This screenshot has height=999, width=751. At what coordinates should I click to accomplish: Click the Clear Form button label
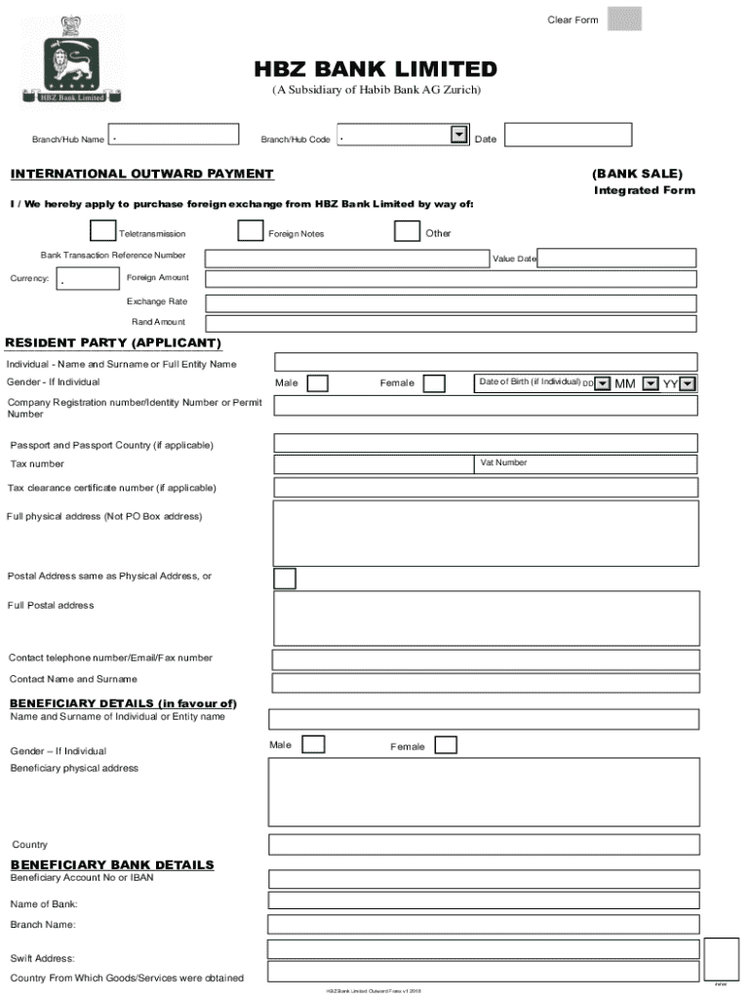tap(573, 20)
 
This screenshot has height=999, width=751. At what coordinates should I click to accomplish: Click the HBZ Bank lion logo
tap(64, 58)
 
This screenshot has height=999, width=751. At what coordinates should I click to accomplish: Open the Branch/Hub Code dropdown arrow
tap(458, 136)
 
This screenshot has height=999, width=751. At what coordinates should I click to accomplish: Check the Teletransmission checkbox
tap(100, 231)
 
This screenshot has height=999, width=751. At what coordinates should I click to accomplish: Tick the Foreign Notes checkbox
tap(250, 231)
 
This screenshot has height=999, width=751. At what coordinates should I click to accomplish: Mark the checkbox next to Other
tap(407, 231)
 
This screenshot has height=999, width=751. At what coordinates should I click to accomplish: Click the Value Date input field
tap(616, 258)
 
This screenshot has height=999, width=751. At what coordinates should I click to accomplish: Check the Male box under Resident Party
tap(317, 383)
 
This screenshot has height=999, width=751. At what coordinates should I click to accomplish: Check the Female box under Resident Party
tap(434, 383)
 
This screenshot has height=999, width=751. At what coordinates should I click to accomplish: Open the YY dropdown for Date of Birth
tap(689, 383)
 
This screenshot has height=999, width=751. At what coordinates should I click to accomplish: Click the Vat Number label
tap(503, 462)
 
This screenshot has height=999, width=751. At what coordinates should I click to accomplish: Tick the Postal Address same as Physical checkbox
tap(284, 579)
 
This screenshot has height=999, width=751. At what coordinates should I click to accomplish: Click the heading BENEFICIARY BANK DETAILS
tap(111, 864)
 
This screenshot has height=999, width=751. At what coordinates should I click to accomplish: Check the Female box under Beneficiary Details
tap(445, 745)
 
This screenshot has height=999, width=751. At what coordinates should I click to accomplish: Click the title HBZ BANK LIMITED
tap(375, 69)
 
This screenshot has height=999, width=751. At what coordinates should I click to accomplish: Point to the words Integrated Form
tap(644, 190)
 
